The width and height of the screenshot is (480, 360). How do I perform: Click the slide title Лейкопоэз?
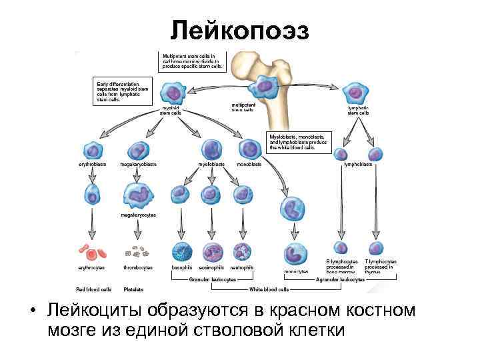click(239, 29)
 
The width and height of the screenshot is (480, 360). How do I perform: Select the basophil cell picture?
click(182, 252)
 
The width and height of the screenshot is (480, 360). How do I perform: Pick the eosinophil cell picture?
click(213, 252)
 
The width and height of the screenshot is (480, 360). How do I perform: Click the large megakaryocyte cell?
click(138, 195)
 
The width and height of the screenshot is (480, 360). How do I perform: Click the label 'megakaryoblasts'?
click(138, 164)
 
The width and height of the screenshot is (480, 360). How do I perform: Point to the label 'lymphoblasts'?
click(358, 164)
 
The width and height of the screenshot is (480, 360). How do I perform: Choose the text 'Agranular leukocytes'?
click(339, 280)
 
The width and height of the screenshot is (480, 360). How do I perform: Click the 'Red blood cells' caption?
click(93, 289)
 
